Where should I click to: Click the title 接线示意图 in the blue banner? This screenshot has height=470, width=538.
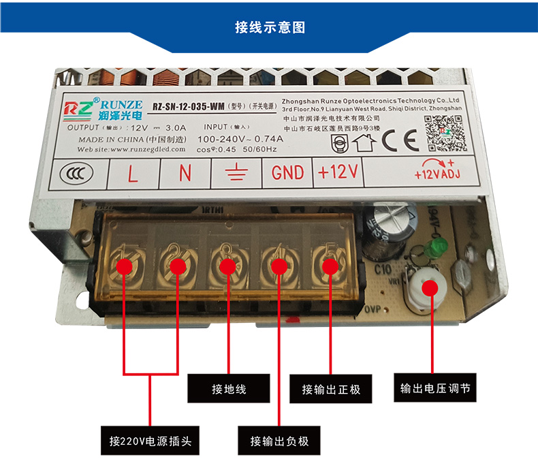[x=269, y=27]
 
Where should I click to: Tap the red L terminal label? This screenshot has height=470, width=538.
[x=133, y=173]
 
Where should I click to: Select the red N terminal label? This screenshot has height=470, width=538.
[x=185, y=173]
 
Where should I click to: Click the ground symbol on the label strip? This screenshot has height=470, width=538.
[x=236, y=173]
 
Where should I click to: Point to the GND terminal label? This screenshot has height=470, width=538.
[x=287, y=173]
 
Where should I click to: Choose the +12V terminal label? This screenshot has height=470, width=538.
[x=338, y=173]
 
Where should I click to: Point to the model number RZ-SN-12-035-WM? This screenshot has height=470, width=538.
[x=188, y=106]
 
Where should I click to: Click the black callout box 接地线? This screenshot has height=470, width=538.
[x=229, y=390]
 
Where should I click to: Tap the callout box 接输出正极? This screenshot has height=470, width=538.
[x=331, y=390]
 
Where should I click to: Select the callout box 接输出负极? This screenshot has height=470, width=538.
[x=279, y=441]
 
